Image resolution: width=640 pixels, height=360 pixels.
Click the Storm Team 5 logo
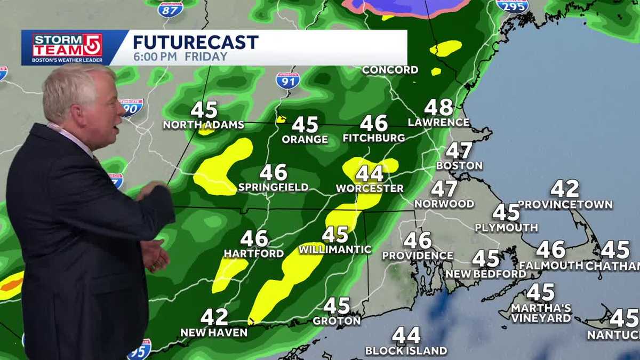(67, 48)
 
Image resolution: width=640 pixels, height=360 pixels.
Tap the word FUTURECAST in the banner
(195, 42)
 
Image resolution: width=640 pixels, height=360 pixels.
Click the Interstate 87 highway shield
(170, 8)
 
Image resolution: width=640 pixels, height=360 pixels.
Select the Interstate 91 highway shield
(287, 80)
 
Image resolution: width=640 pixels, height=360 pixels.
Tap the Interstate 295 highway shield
(512, 5)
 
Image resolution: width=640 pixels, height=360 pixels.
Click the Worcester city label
(370, 189)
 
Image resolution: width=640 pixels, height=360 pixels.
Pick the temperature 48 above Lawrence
(438, 107)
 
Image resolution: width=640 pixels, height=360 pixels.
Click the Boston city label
(459, 166)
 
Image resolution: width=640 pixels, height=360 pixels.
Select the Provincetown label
(565, 205)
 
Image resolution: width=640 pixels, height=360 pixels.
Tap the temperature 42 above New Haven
(214, 317)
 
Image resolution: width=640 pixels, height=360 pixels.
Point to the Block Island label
(406, 351)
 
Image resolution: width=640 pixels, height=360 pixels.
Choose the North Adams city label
(203, 125)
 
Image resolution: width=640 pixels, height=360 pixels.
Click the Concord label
(390, 70)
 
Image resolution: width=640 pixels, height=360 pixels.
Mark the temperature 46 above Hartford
(254, 238)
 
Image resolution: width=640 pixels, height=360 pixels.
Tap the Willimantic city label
(335, 249)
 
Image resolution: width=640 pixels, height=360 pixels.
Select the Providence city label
(418, 256)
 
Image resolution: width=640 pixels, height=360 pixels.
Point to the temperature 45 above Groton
(337, 306)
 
